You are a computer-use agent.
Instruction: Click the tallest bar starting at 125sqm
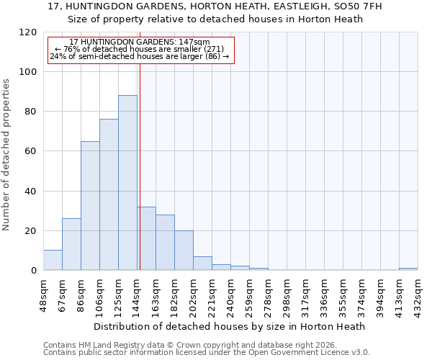click(x=127, y=183)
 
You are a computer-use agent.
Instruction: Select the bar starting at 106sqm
click(x=109, y=194)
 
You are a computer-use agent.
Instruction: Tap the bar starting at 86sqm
click(x=90, y=206)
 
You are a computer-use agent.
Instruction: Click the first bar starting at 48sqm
click(x=53, y=260)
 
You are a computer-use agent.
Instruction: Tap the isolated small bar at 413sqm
click(x=408, y=269)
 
